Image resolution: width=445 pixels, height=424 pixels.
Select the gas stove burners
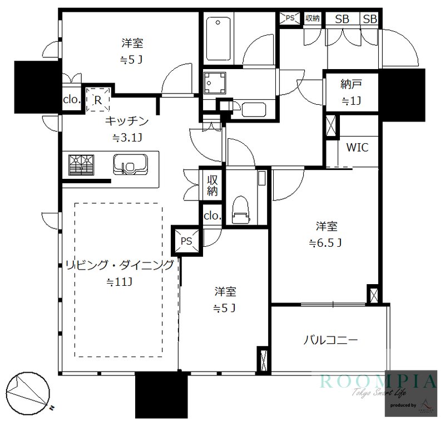[x=81, y=165]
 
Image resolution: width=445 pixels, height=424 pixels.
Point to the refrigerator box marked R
[x=98, y=100]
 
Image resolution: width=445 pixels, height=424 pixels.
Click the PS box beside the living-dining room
[x=186, y=241]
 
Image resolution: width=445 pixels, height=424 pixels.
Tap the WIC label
[x=357, y=148]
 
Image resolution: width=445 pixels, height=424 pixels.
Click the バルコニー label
[x=330, y=340]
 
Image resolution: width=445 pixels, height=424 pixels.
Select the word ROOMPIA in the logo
[x=378, y=382]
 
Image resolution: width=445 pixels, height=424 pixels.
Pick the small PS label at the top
[x=290, y=17]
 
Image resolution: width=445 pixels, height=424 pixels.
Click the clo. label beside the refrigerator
[x=72, y=100]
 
